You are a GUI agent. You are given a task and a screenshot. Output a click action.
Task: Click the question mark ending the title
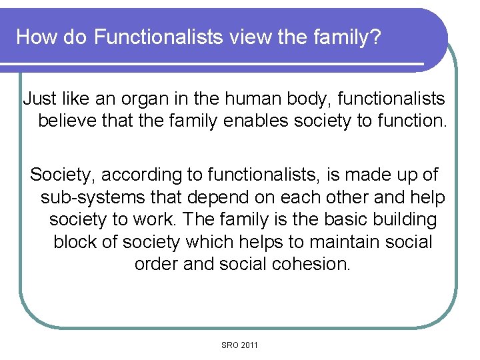[377, 37]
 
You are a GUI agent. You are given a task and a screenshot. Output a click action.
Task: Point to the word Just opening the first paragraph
[39, 99]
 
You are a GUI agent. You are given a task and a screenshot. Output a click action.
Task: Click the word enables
[259, 122]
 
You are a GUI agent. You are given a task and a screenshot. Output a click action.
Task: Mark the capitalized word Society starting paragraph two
[63, 175]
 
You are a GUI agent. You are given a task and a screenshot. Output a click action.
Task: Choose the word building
[404, 219]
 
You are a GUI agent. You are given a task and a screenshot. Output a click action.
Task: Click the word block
[75, 241]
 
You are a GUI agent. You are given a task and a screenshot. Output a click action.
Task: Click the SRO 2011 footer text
[240, 345]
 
